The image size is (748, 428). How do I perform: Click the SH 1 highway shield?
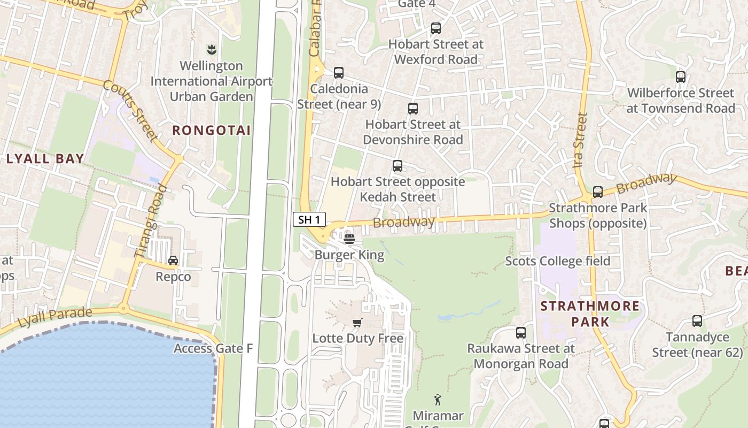point(309,219)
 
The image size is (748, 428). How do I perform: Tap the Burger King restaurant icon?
point(349,239)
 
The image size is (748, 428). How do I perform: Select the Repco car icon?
point(173,261)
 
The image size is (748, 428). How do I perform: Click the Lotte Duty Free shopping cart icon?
point(357,323)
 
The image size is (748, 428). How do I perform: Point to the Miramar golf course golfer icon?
point(438,399)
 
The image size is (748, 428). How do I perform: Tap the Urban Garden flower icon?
point(212,50)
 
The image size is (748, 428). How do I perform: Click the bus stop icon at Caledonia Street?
point(338,73)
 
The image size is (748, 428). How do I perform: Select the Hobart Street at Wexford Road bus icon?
point(436,28)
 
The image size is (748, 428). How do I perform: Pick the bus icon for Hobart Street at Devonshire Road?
point(413,109)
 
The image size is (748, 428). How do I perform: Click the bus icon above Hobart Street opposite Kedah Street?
point(398,166)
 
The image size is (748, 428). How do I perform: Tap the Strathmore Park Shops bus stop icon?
point(598,192)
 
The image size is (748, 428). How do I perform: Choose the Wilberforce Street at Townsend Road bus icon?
point(681,77)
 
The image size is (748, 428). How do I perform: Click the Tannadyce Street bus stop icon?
point(697,321)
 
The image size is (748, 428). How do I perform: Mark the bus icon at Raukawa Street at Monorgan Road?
point(521,333)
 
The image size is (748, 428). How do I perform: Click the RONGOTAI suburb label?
point(212,130)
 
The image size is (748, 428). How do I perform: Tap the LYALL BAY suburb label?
point(45,158)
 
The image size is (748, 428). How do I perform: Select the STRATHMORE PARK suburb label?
point(590,314)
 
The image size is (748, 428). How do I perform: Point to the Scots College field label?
point(558,261)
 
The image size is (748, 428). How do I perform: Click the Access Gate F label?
point(213,349)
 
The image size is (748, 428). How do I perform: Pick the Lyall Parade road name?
point(55,317)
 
